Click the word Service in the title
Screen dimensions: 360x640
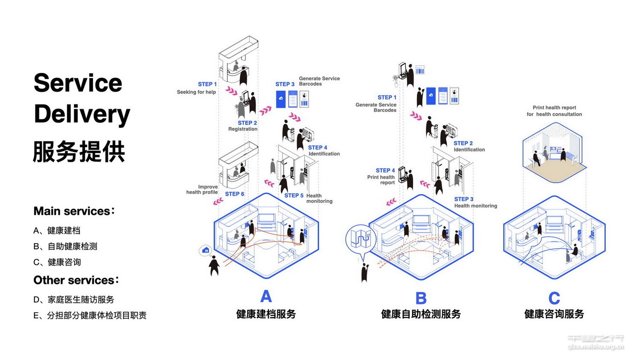point(78,83)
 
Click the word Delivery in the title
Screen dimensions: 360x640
point(82,114)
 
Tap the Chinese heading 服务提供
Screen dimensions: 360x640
point(79,151)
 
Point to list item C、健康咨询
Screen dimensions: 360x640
point(57,262)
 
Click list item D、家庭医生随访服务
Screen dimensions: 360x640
point(74,299)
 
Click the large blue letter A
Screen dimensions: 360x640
point(266,296)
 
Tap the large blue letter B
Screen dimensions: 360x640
point(421,298)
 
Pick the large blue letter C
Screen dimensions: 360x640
point(554,298)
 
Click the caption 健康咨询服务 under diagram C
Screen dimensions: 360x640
point(554,314)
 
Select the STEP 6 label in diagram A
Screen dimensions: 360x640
point(235,194)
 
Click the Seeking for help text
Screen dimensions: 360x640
point(196,92)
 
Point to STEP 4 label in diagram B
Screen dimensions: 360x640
point(385,171)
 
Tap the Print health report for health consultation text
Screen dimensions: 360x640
point(554,111)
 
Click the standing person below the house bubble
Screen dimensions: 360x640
point(214,266)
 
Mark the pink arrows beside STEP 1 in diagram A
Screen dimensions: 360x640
point(232,90)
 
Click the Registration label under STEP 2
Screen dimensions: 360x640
point(243,129)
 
